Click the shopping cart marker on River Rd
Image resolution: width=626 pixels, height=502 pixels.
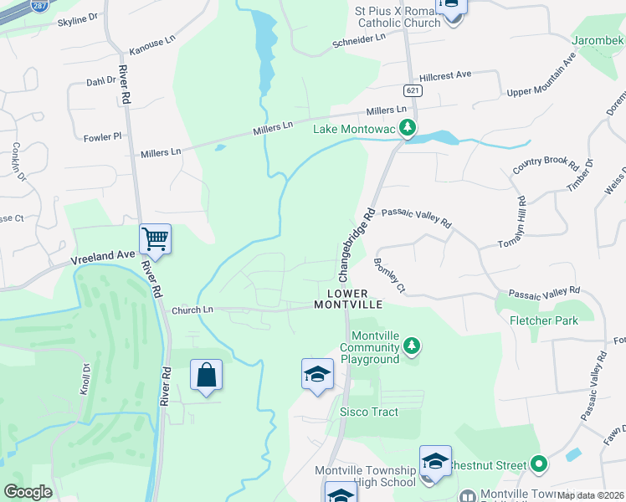click(156, 239)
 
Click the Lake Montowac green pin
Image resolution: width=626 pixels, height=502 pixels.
click(408, 129)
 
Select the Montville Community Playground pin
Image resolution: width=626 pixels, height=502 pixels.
click(411, 345)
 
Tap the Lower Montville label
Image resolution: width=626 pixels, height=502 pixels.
click(348, 299)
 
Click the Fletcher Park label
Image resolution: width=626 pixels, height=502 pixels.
click(544, 320)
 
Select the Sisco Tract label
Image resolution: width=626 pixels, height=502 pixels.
click(369, 412)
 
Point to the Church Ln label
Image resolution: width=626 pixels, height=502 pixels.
click(192, 310)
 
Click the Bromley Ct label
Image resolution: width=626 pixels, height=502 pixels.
click(389, 274)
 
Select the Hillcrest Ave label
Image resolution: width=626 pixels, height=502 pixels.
click(446, 75)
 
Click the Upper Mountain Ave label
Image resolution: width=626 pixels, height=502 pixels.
click(542, 77)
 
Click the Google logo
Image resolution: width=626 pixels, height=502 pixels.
click(28, 492)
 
